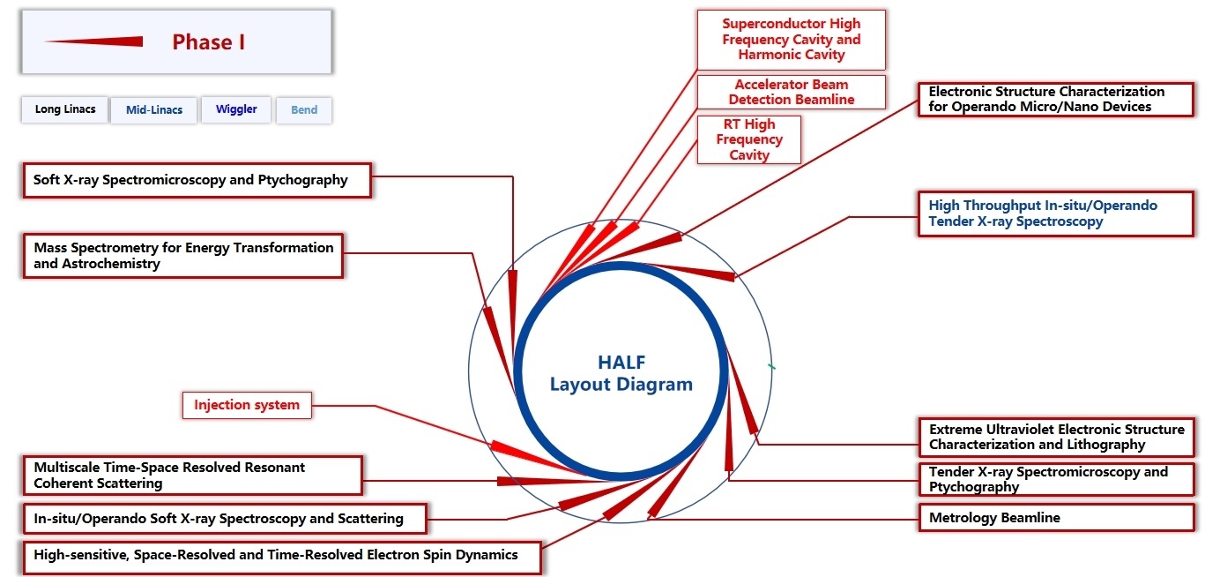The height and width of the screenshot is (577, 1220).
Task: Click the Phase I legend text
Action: [208, 42]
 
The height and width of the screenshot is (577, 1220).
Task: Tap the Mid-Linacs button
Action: [154, 110]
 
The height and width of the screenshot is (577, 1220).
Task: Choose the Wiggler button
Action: [236, 110]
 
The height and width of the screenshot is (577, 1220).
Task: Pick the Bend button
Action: [304, 110]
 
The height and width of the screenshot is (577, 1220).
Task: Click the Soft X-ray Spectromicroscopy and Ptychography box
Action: [196, 180]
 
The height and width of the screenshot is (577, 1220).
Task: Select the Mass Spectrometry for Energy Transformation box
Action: [182, 256]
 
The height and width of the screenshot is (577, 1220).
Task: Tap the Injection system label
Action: [247, 406]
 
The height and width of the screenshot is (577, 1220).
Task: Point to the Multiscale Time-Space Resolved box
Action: [191, 475]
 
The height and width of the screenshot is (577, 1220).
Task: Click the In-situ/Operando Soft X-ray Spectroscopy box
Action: [224, 519]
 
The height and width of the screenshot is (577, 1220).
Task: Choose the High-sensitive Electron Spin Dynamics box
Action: [281, 556]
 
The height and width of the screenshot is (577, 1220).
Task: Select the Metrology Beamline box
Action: [1055, 518]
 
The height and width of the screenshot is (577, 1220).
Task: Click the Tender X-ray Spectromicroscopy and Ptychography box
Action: [1055, 479]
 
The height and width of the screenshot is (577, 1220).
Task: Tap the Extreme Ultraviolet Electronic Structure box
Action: [1055, 437]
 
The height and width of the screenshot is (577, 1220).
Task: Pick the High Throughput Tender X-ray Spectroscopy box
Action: [1055, 214]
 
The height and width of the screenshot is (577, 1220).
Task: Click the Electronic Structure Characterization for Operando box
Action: [1055, 99]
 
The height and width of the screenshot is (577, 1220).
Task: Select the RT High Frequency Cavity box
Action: [749, 139]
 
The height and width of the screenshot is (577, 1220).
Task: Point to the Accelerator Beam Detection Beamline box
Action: [791, 92]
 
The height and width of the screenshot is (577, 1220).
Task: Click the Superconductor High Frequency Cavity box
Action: [791, 40]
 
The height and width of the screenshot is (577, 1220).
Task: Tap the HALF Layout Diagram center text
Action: [621, 373]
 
